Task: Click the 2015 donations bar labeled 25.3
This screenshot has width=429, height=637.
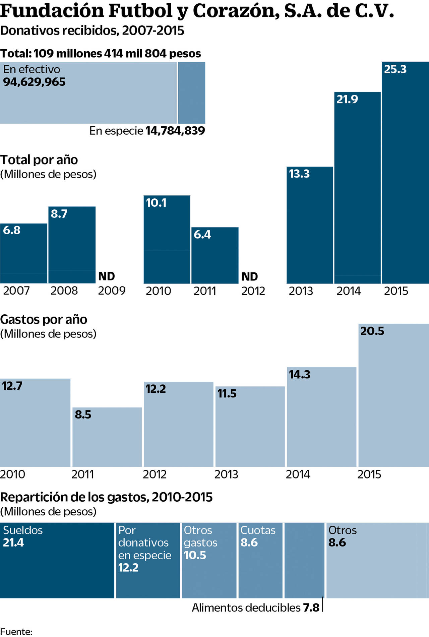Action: pyautogui.click(x=405, y=173)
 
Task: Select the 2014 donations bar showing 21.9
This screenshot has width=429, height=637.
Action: pyautogui.click(x=357, y=188)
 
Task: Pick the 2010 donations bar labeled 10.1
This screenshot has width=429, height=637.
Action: pyautogui.click(x=167, y=240)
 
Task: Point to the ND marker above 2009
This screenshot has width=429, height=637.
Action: pyautogui.click(x=107, y=276)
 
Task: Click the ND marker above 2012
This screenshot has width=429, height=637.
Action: pyautogui.click(x=250, y=277)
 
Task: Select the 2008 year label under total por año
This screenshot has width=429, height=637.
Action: pyautogui.click(x=64, y=291)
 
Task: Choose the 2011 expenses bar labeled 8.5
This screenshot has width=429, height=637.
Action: pyautogui.click(x=107, y=437)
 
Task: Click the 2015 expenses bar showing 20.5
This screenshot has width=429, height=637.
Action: pyautogui.click(x=393, y=395)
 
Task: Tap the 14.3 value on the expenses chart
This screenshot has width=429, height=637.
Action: pyautogui.click(x=300, y=375)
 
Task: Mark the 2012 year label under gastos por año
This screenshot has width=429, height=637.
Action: pyautogui.click(x=155, y=474)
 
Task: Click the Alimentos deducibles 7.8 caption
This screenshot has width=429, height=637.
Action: pyautogui.click(x=255, y=608)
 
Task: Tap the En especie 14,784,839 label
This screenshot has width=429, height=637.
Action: pyautogui.click(x=147, y=131)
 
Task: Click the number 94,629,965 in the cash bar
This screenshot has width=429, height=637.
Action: pyautogui.click(x=35, y=82)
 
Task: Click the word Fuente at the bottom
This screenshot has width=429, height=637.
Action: pyautogui.click(x=16, y=632)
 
